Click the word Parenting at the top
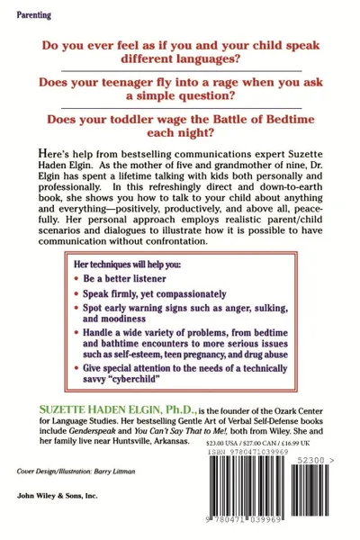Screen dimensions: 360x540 (32, 15)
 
